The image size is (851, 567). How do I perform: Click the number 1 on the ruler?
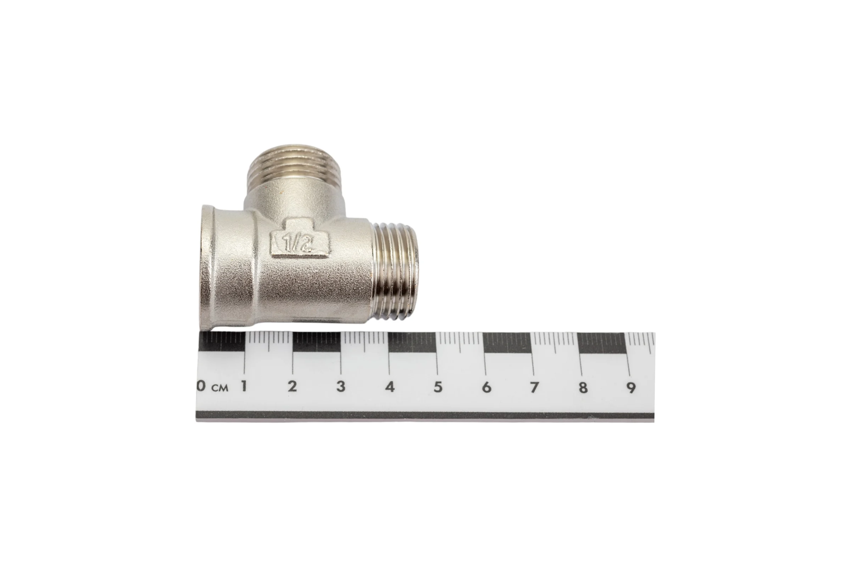pyautogui.click(x=244, y=387)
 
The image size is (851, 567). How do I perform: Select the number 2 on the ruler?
pyautogui.click(x=292, y=387)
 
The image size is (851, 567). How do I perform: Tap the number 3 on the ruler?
pyautogui.click(x=340, y=387)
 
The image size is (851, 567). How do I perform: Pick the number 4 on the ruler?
pyautogui.click(x=390, y=387)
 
